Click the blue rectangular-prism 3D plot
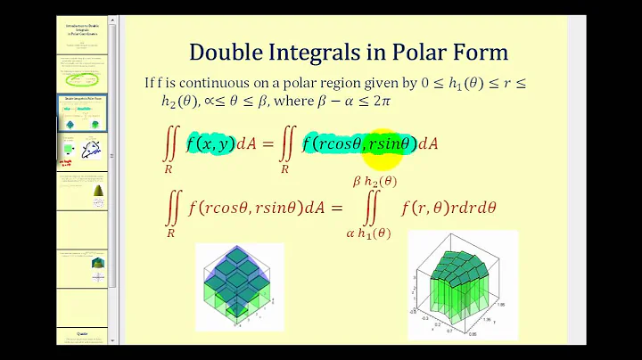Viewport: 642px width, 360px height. pyautogui.click(x=241, y=284)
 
